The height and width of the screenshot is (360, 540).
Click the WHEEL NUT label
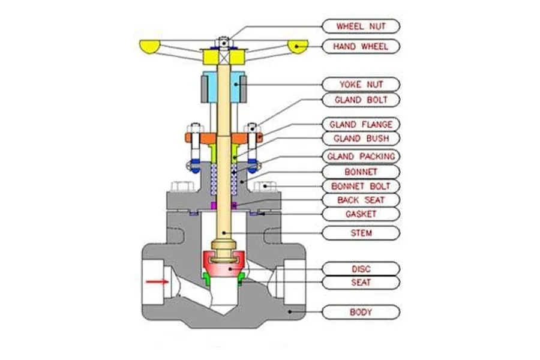coord(361,26)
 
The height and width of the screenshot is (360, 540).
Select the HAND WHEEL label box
coord(361,47)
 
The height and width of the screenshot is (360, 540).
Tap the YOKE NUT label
coord(361,85)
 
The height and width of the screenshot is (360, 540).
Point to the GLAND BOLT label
coord(361,100)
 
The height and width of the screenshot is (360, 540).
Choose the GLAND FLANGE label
coord(361,124)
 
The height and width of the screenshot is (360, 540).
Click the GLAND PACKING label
coord(361,157)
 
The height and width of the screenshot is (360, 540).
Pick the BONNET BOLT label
coord(361,187)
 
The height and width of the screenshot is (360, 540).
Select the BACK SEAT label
coord(361,200)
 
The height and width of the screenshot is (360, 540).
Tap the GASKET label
coord(361,214)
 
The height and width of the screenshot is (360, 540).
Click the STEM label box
coord(361,233)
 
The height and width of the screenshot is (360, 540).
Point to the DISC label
coord(361,269)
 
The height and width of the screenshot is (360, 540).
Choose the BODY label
coord(361,312)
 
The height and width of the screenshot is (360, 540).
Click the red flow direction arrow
coord(157,282)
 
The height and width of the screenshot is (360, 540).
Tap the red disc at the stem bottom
coord(224,265)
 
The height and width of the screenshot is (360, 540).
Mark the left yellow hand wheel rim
coord(150,47)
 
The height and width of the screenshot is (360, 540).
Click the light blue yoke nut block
coord(224,87)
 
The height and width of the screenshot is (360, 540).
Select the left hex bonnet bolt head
coord(182,187)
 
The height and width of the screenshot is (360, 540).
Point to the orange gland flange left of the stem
coord(201,139)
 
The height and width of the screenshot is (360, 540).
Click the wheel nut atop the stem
coord(224,43)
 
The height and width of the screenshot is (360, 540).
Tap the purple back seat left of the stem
coord(214,206)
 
